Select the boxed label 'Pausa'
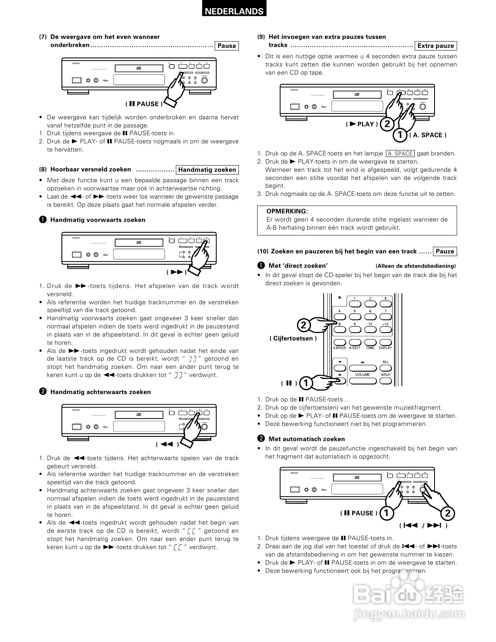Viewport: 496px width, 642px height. coord(226,46)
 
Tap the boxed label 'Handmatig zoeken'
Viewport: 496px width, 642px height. coord(207,170)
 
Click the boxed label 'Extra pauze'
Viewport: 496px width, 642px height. coord(436,46)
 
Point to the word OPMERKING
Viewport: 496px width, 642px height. coord(287,211)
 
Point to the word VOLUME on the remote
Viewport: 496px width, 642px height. coord(362,375)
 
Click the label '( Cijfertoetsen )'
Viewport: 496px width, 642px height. coord(293,338)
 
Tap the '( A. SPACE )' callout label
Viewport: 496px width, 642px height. coord(428,135)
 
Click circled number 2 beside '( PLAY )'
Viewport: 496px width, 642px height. coord(386,124)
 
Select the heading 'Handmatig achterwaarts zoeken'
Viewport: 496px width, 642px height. coord(100,392)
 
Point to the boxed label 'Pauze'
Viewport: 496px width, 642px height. coord(445,251)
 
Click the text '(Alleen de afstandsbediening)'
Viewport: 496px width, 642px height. coord(415,266)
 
